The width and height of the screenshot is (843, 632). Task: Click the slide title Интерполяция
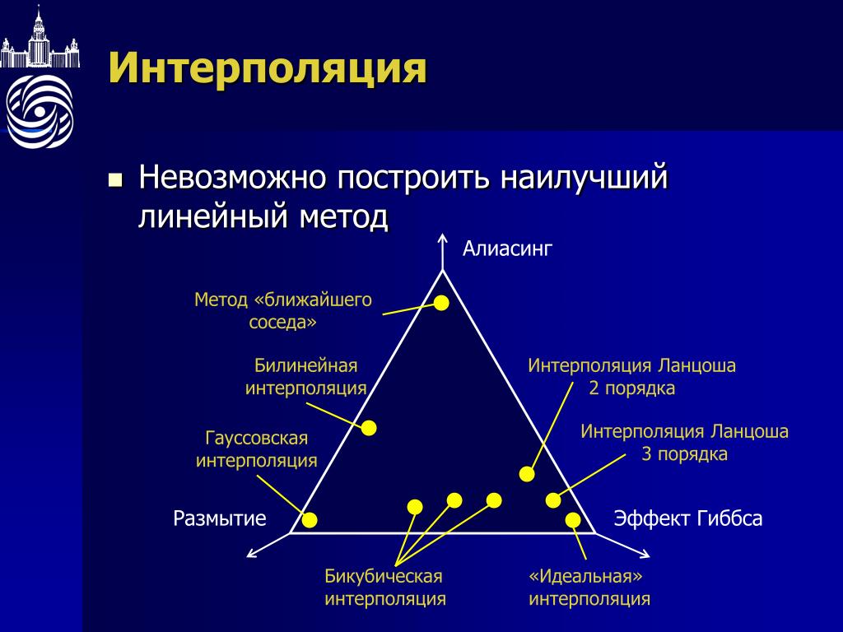click(x=268, y=68)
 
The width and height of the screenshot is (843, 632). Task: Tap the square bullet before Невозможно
click(x=115, y=179)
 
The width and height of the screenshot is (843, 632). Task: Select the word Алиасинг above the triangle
click(x=507, y=249)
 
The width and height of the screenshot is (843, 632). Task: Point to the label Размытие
click(x=219, y=518)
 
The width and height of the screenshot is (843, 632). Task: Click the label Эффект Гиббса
click(x=688, y=518)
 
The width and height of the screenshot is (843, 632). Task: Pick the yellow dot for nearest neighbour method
click(x=441, y=303)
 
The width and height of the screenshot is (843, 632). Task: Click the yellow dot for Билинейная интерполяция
click(x=369, y=428)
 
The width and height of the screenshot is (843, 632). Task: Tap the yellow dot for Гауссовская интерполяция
click(x=310, y=520)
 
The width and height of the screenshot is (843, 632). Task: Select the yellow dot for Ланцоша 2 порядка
click(x=527, y=474)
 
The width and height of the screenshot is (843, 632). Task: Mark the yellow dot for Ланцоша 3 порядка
click(x=553, y=500)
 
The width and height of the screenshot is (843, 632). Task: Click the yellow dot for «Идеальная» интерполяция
click(x=573, y=520)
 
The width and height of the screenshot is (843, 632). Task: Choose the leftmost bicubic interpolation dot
click(x=415, y=507)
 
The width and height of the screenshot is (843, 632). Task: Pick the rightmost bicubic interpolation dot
click(x=494, y=500)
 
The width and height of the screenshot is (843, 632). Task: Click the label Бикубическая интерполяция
click(x=385, y=588)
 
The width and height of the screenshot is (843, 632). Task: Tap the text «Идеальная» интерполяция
click(x=589, y=588)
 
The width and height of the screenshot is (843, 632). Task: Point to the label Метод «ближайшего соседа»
click(x=283, y=310)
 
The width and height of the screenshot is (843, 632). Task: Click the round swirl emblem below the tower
click(x=40, y=111)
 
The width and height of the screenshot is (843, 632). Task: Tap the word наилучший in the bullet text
click(x=584, y=178)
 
